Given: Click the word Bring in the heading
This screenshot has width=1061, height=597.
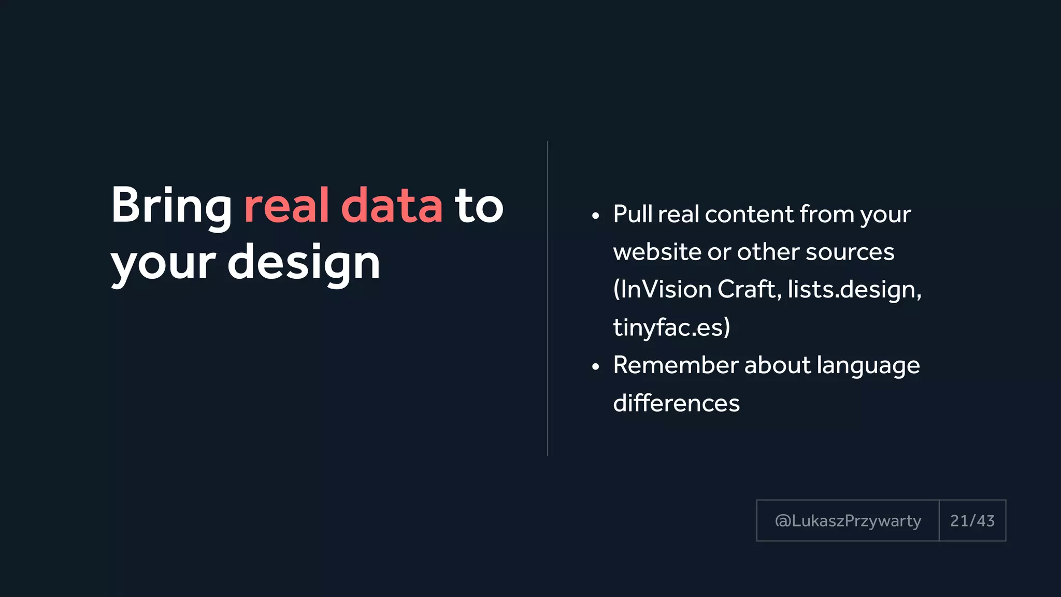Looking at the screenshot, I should tap(171, 206).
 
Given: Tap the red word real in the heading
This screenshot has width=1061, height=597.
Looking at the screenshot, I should tap(286, 206).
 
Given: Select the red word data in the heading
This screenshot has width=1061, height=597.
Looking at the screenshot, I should tap(392, 206).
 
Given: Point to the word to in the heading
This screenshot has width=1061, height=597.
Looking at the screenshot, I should tap(479, 206).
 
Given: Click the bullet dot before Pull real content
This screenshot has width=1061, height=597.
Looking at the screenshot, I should tap(595, 216).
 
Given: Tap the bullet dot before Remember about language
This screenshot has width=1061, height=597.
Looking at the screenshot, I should tap(595, 367).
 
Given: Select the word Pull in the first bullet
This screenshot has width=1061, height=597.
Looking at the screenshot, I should tap(632, 214).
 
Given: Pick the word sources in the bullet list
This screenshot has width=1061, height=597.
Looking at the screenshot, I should tap(850, 252).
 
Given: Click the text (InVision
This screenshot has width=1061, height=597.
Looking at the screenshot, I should tap(662, 289).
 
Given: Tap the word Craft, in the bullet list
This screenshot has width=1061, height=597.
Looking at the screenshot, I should tap(749, 289).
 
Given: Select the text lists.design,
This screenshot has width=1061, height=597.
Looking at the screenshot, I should tap(854, 289).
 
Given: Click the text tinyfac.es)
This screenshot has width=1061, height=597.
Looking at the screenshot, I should tap(671, 327).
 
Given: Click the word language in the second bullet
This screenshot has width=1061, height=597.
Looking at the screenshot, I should tap(868, 366).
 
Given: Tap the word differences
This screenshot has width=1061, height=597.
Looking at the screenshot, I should tap(676, 403).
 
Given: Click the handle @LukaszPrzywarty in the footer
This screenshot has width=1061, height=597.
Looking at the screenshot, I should tap(848, 521).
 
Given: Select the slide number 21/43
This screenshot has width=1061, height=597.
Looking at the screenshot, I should tap(972, 521).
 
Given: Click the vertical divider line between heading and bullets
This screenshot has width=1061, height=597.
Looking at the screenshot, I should tap(547, 298).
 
